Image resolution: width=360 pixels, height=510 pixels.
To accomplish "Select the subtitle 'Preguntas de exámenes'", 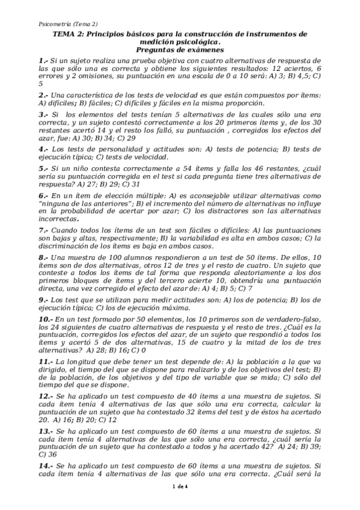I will tap(180, 51).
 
